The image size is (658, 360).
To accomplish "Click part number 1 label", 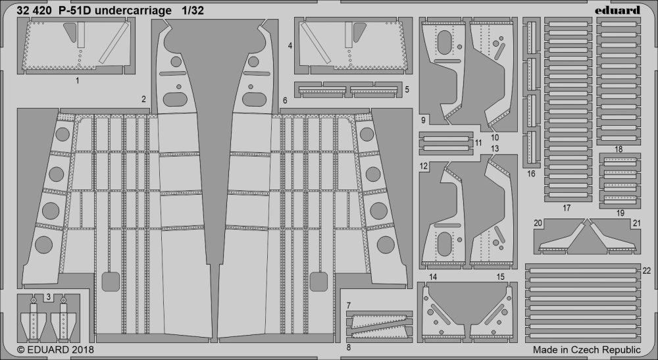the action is click(78, 81).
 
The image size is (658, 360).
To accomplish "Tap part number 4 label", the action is click(290, 46).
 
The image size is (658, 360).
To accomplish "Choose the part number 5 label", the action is click(407, 89).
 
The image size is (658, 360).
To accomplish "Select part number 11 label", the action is click(478, 142).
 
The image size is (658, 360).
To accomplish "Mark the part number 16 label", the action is click(530, 174).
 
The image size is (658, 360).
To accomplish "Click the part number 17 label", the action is click(567, 208).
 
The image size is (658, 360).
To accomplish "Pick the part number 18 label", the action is click(618, 150).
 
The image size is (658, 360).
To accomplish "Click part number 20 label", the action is click(538, 224).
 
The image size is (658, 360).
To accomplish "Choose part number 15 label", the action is click(501, 277).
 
